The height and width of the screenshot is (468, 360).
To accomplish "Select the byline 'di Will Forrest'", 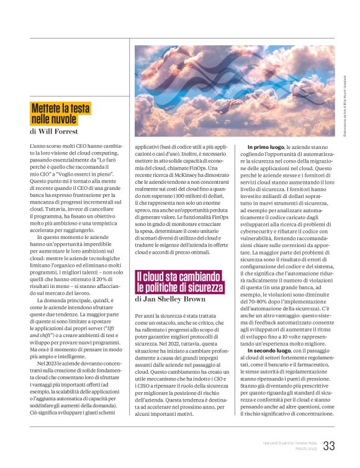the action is click(x=53, y=132).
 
